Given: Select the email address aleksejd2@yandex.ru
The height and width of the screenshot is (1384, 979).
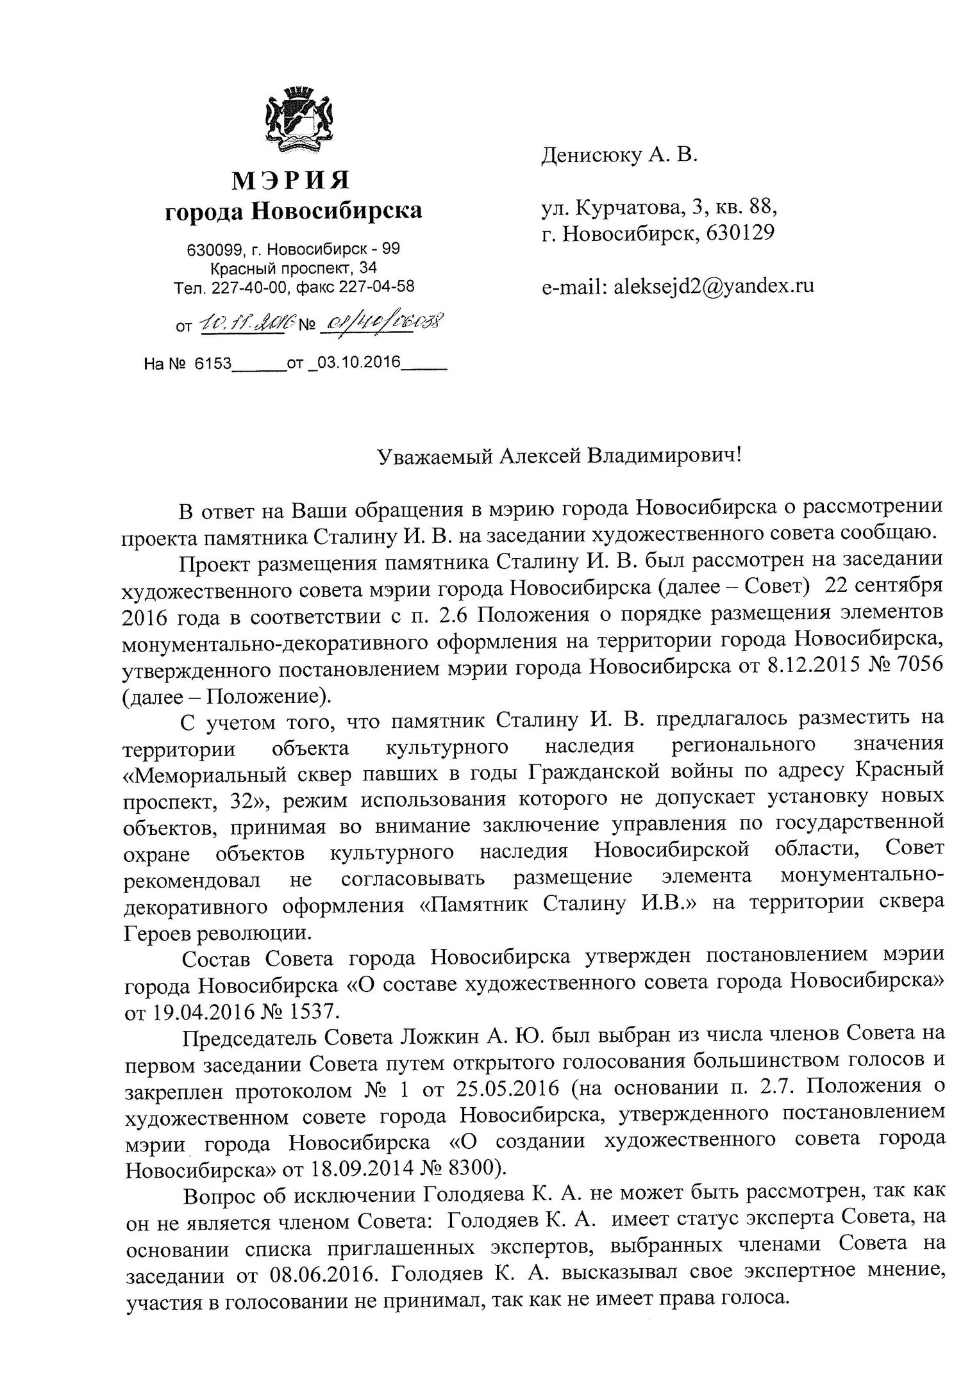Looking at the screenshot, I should tap(714, 285).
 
